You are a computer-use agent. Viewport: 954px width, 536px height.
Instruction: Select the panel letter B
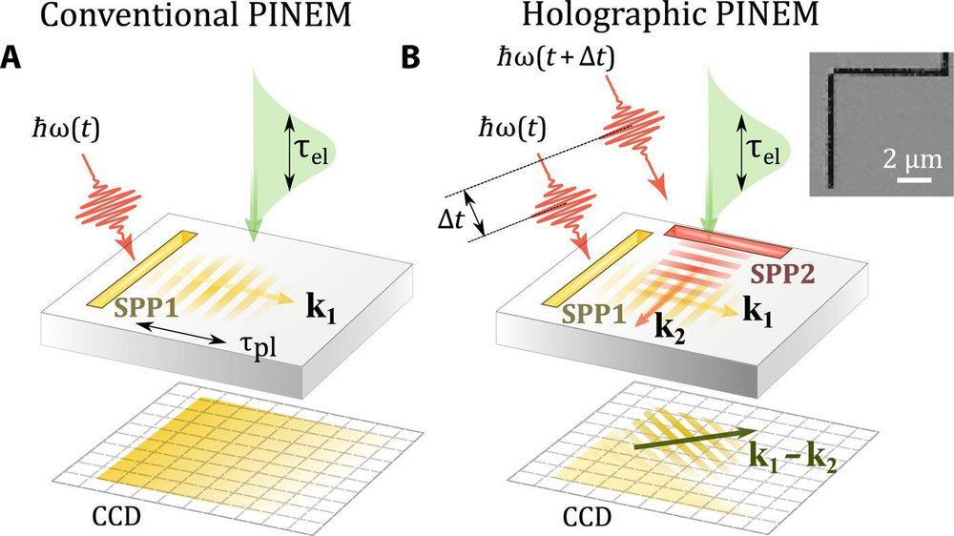[x=411, y=58]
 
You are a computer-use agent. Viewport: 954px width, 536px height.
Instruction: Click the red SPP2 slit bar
[x=728, y=242]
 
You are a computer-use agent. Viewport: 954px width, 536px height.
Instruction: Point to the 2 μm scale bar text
[x=901, y=156]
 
